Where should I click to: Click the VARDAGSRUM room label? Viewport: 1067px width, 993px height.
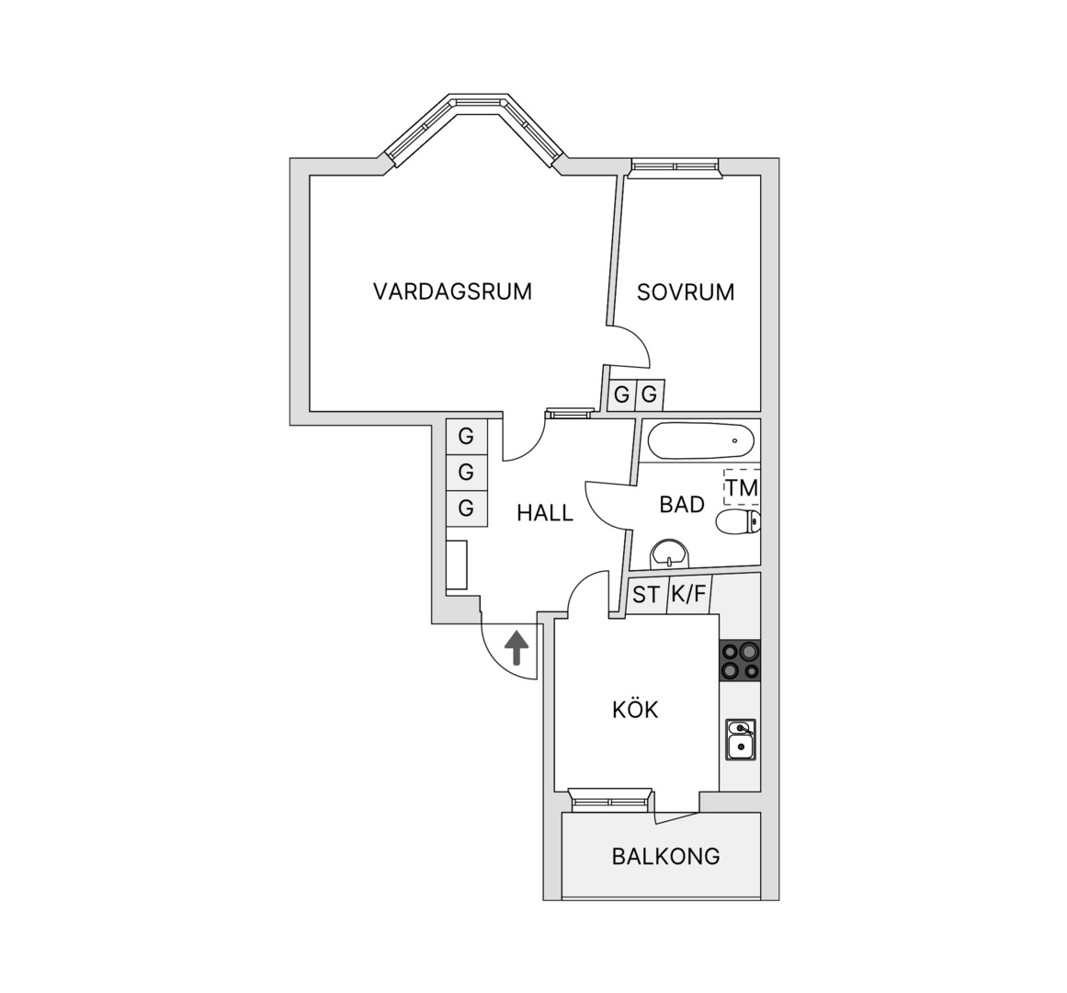point(452,291)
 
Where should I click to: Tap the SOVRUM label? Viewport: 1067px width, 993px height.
point(686,292)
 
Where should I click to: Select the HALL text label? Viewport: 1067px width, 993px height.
point(545,512)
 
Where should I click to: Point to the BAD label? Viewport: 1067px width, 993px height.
point(682,505)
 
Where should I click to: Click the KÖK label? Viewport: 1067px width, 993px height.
point(636,709)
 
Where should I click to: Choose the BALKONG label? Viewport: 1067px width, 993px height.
point(665,855)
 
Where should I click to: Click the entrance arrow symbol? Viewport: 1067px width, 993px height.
point(516,647)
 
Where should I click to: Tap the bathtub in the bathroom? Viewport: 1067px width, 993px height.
point(701,441)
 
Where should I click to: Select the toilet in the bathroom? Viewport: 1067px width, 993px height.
point(738,522)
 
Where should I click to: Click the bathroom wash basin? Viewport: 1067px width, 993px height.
point(670,554)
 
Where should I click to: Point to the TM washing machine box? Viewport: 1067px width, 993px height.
point(741,487)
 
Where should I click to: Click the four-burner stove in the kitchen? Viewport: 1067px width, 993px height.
point(740,660)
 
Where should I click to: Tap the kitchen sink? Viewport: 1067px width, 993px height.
point(741,740)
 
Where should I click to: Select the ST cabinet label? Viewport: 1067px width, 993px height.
point(646,595)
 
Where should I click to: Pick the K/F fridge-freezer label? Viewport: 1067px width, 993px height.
point(688,594)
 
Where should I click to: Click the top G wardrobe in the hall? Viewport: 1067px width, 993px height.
point(467,436)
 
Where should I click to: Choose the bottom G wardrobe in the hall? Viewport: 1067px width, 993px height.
point(467,508)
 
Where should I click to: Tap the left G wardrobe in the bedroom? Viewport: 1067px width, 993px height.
point(621,394)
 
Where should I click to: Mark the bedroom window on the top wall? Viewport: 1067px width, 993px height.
point(674,167)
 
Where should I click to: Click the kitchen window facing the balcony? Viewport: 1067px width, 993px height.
point(610,800)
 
